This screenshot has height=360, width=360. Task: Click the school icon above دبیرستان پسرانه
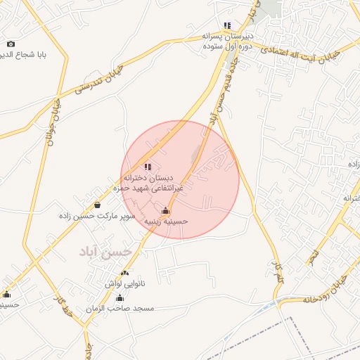point(227,25)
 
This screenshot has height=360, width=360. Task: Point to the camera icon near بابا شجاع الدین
point(10,44)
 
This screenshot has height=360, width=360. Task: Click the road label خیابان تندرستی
point(98,80)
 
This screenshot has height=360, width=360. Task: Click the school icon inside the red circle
point(147,167)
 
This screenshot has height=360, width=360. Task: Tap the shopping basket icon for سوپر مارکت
point(97,205)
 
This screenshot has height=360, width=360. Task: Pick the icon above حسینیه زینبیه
point(165,210)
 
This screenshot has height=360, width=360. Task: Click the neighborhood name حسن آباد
point(105,251)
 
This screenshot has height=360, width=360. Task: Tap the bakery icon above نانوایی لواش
point(124,273)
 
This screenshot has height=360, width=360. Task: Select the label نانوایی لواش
point(124,283)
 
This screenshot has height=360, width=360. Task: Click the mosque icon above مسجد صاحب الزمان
point(119,298)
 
